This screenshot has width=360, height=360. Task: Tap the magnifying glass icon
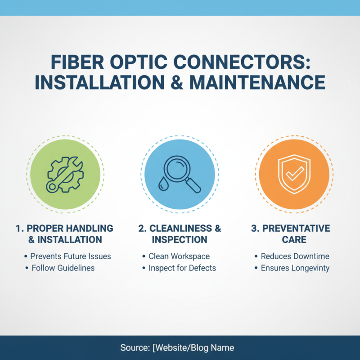182,172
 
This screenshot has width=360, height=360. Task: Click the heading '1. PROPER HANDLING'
64,228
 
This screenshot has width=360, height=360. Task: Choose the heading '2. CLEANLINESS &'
180,228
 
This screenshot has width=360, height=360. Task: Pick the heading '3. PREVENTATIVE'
290,228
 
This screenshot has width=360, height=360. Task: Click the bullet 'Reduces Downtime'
295,256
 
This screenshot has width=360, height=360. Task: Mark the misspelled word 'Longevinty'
311,268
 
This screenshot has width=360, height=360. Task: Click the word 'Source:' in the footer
135,348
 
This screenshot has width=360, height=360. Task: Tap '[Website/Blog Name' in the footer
193,348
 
